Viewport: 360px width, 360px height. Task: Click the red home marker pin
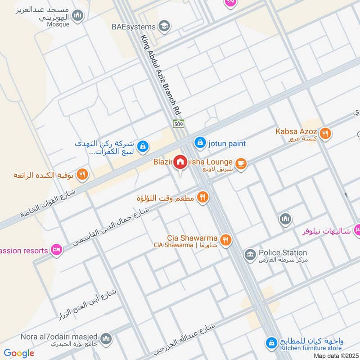click(x=180, y=162)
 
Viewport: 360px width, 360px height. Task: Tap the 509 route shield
click(x=178, y=123)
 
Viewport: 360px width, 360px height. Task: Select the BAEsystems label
click(x=133, y=27)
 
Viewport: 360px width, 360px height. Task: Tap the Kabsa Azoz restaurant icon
click(x=326, y=133)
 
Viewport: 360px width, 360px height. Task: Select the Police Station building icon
click(x=249, y=255)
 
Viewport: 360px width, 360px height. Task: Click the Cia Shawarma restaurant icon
click(x=225, y=240)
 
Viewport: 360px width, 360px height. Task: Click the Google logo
click(x=19, y=353)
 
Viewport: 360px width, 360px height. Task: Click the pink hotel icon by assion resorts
click(x=56, y=249)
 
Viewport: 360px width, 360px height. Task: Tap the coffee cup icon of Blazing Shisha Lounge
click(x=241, y=164)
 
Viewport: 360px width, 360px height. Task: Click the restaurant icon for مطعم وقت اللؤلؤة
click(x=202, y=197)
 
